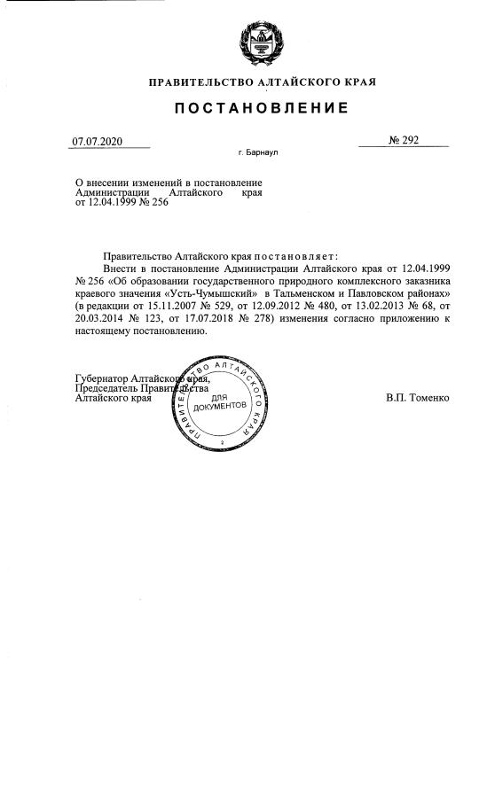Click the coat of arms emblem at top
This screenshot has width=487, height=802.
261,42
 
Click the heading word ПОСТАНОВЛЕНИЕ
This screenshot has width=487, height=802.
261,108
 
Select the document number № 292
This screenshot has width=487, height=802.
404,140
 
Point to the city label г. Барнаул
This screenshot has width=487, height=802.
259,152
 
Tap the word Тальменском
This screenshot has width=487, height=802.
311,292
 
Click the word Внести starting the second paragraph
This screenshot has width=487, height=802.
121,267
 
